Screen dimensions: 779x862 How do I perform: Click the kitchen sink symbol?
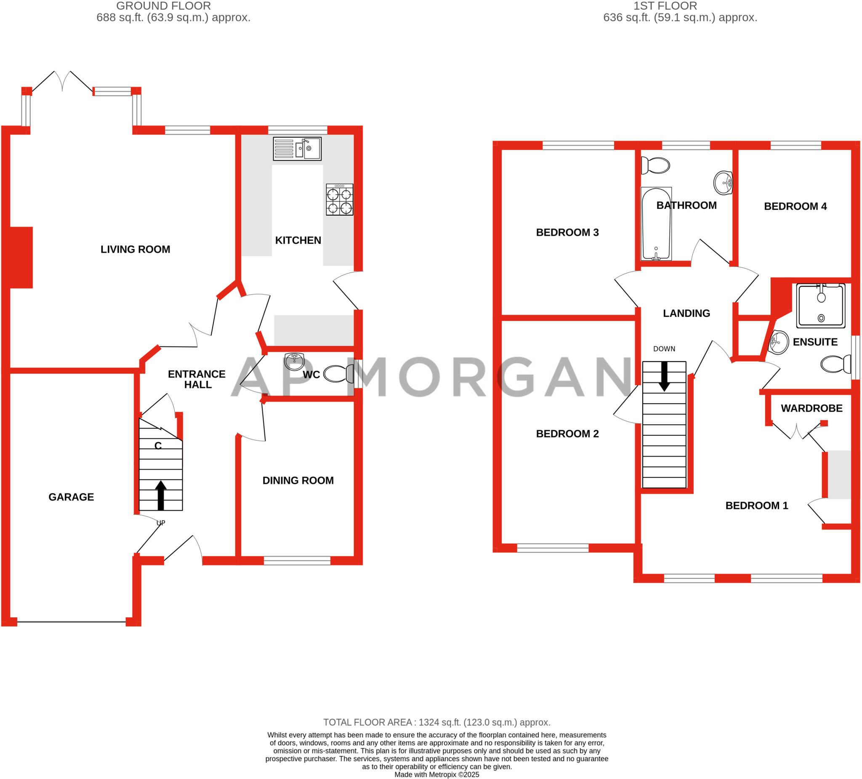pos(297,149)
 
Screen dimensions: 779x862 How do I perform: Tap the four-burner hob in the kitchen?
pos(340,199)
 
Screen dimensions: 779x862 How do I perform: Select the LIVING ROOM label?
pos(135,249)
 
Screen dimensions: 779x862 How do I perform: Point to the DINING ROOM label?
pos(298,480)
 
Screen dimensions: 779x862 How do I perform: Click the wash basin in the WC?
pos(294,361)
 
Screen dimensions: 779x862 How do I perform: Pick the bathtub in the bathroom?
pos(656,224)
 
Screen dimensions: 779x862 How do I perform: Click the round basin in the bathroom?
pos(723,183)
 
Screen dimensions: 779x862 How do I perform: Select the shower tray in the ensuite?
pos(820,305)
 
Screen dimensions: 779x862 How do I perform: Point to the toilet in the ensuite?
pos(835,364)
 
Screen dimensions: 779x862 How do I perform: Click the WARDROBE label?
pos(811,408)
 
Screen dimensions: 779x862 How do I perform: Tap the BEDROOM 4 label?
pos(795,206)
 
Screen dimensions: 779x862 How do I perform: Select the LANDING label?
pos(686,313)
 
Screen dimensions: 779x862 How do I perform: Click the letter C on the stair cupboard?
pos(158,446)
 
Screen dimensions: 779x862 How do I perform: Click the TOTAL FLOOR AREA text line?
pos(436,723)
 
